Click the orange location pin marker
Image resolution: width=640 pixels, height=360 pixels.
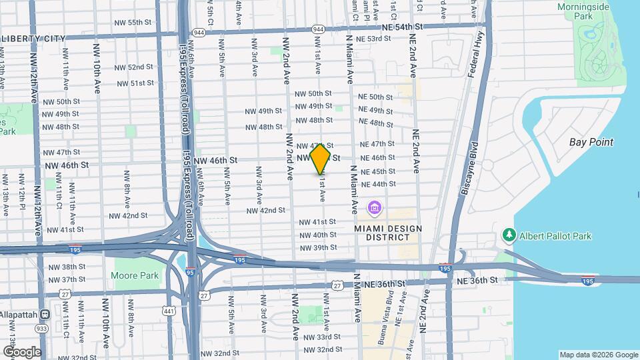pyautogui.click(x=321, y=158)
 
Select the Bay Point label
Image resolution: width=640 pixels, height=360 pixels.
pyautogui.click(x=591, y=142)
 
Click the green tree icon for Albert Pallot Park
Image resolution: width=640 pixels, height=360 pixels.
pyautogui.click(x=509, y=235)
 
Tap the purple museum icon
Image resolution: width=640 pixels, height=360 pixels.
pyautogui.click(x=375, y=209)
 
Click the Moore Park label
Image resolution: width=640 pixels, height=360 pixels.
pyautogui.click(x=134, y=275)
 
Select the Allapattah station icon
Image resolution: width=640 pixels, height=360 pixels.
pyautogui.click(x=45, y=314)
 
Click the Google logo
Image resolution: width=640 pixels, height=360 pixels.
pyautogui.click(x=21, y=351)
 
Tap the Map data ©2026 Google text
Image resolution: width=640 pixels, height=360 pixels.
pyautogui.click(x=598, y=355)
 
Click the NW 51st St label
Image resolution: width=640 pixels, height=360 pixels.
pyautogui.click(x=135, y=83)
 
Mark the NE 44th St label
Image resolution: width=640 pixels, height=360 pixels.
pyautogui.click(x=378, y=184)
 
